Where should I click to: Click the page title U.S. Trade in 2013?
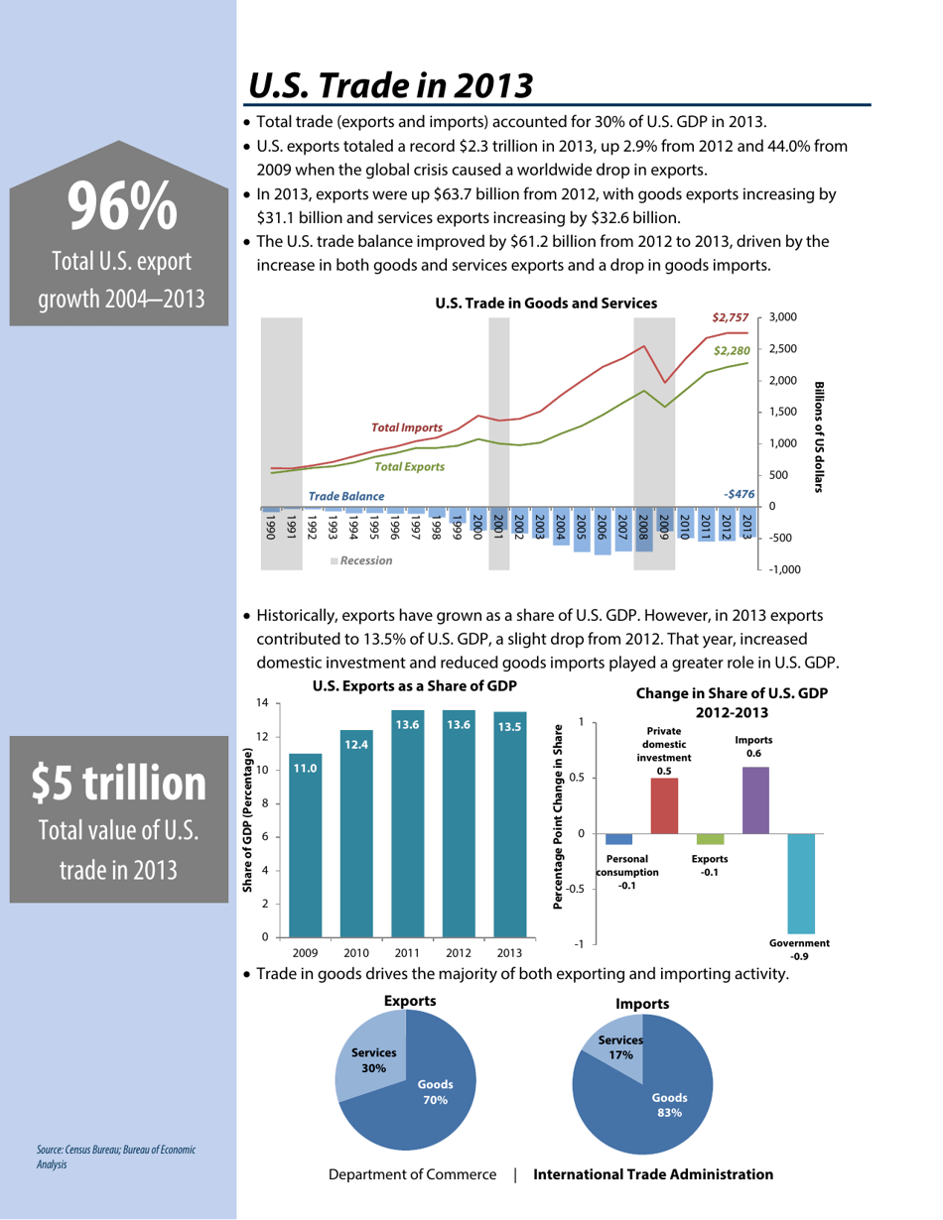coord(391,86)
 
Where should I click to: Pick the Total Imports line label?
coord(406,427)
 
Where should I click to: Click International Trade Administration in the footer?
coord(653,1175)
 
